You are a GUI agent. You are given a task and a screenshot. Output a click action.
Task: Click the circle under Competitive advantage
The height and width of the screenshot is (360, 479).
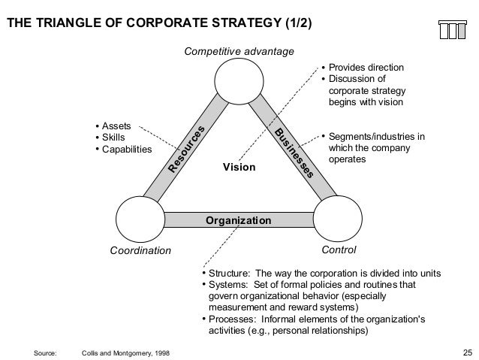pyautogui.click(x=239, y=82)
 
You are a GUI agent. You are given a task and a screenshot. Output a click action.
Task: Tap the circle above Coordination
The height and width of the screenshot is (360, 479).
pyautogui.click(x=141, y=219)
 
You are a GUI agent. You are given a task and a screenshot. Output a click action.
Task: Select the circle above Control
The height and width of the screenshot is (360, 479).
pyautogui.click(x=338, y=219)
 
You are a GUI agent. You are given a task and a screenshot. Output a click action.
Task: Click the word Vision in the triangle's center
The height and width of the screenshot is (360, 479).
pyautogui.click(x=239, y=167)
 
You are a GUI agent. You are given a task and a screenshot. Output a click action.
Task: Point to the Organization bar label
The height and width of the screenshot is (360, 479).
pyautogui.click(x=239, y=220)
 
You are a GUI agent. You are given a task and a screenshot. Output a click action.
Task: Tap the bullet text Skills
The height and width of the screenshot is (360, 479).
pyautogui.click(x=114, y=138)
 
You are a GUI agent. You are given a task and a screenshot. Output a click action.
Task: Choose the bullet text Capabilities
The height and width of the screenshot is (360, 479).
pyautogui.click(x=126, y=149)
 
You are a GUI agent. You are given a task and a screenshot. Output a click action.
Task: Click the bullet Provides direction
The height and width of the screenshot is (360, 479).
pyautogui.click(x=366, y=68)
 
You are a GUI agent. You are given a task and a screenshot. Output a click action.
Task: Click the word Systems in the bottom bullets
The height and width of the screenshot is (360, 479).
pyautogui.click(x=226, y=285)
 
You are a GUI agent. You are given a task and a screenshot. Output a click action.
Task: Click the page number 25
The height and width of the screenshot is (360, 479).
pyautogui.click(x=468, y=352)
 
